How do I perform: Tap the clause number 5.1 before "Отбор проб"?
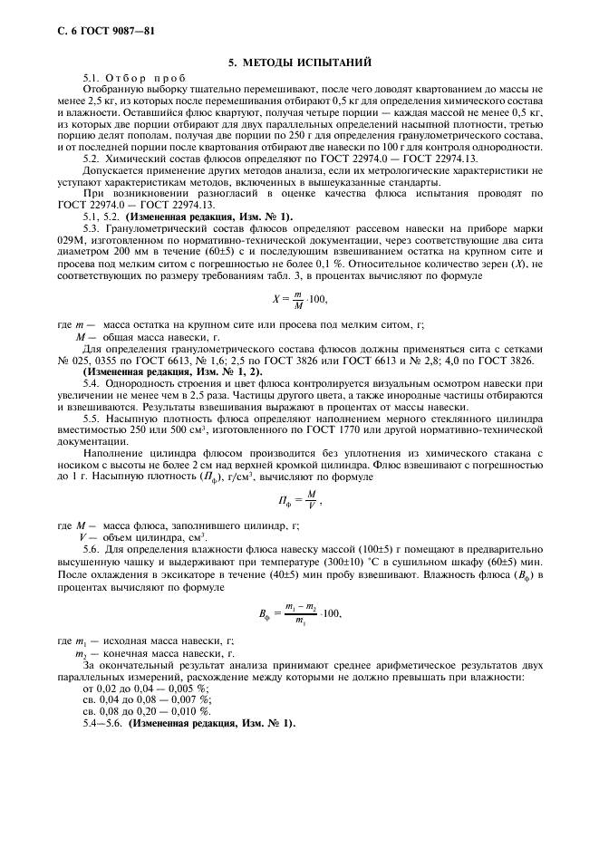click(x=92, y=80)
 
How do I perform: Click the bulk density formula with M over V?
click(x=298, y=501)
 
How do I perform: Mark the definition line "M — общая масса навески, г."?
click(x=147, y=336)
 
